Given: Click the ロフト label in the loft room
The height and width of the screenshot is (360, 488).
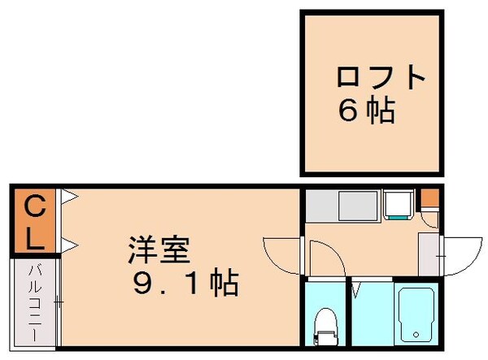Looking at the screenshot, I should [381, 78].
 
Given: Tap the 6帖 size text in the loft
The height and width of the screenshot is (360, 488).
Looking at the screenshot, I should [367, 111].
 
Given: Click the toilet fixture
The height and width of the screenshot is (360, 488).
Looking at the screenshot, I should [325, 323].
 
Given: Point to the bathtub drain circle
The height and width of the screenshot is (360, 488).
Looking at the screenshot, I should [415, 334].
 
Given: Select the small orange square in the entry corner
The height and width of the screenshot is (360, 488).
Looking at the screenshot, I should [429, 197].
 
